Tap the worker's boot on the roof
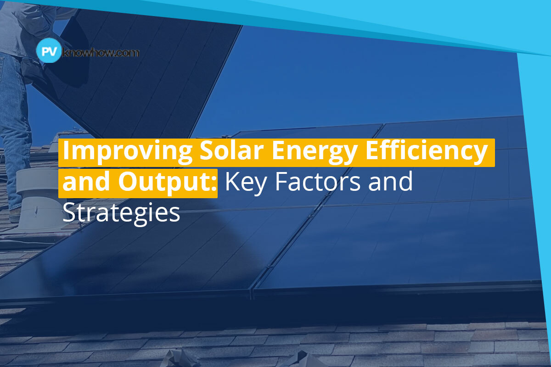pyautogui.click(x=14, y=215)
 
